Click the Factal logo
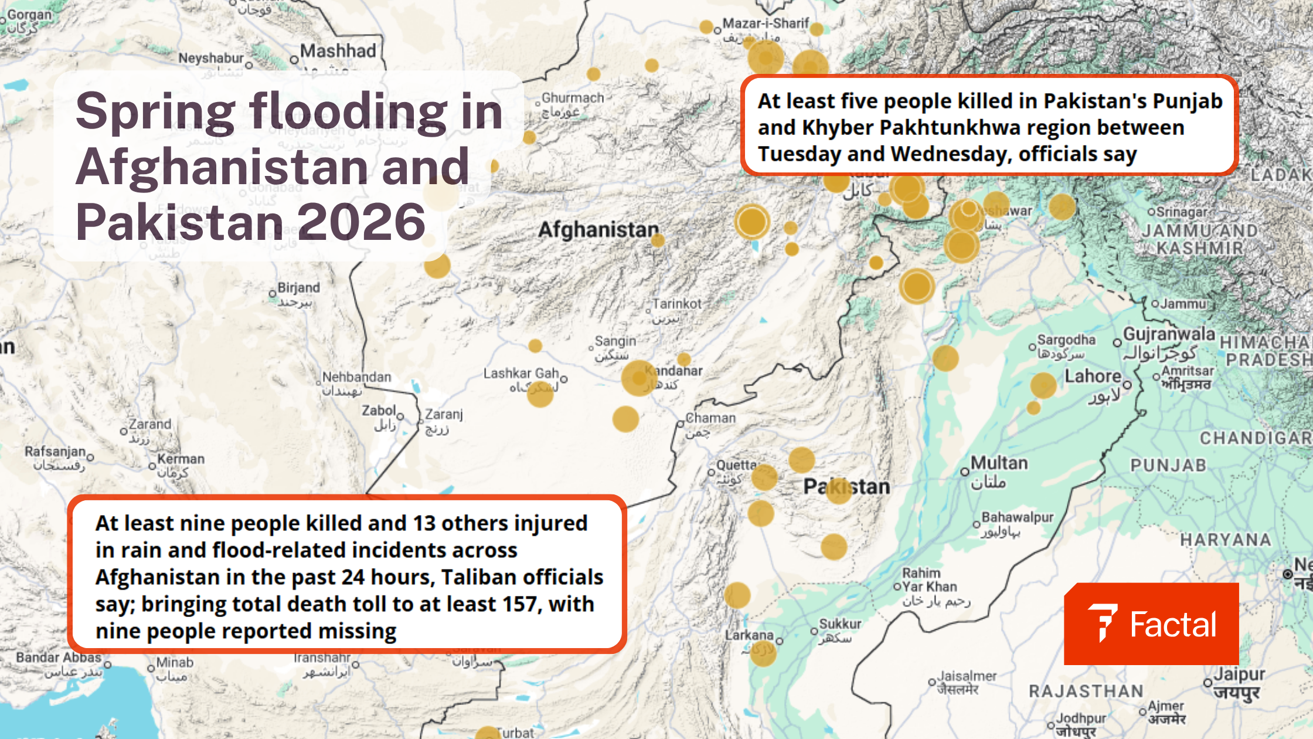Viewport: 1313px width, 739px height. (1151, 624)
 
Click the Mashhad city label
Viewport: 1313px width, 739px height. (338, 51)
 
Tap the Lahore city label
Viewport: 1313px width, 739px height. (1093, 377)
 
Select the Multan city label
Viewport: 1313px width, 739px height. (999, 463)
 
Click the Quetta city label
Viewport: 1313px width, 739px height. (736, 465)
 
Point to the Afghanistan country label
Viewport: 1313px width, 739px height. (598, 230)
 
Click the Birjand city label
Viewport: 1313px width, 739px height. (299, 288)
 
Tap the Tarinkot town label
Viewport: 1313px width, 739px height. (677, 304)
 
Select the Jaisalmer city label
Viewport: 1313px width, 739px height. (967, 676)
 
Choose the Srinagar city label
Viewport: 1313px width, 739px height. (1182, 212)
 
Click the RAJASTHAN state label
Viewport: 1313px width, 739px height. (1086, 691)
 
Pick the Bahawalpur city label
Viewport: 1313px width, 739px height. (1018, 517)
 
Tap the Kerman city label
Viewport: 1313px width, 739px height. (181, 459)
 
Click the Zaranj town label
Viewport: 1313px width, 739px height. (444, 414)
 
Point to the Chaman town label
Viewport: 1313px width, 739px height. (710, 418)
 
